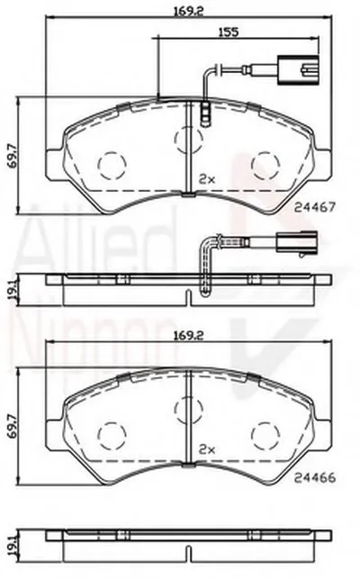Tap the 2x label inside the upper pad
(208, 178)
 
